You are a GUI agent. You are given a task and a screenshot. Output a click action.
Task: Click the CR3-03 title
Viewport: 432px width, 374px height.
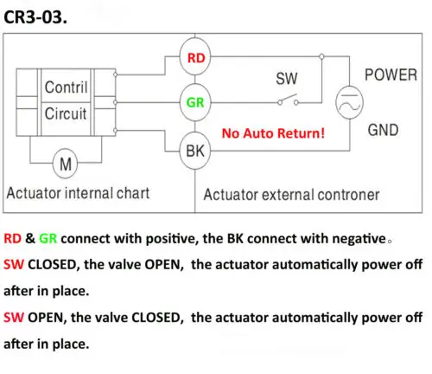tap(35, 17)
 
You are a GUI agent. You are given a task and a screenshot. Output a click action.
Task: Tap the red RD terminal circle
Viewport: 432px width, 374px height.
tap(195, 56)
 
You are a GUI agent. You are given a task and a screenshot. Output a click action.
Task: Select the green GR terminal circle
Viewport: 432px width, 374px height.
tap(195, 102)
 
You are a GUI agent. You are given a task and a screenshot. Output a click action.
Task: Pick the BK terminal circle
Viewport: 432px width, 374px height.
tap(195, 151)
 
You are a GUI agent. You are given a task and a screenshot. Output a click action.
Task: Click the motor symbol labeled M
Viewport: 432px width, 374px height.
tap(66, 164)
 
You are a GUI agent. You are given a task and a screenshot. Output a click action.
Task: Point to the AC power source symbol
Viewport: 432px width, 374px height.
tap(349, 102)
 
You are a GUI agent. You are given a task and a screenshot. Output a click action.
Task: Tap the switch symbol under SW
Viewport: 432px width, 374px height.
tap(288, 100)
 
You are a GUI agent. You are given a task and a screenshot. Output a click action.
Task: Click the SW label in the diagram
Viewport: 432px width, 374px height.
tap(287, 79)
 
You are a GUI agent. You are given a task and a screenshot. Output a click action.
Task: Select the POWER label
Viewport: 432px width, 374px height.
tap(391, 74)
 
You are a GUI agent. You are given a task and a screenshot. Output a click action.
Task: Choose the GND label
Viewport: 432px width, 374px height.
tap(383, 130)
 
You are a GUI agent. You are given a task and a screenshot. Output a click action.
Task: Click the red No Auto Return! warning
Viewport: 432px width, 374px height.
tap(273, 133)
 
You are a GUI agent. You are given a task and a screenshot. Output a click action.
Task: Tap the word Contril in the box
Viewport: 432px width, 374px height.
tap(66, 87)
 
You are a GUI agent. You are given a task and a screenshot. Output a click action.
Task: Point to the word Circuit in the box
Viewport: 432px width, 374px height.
tap(66, 113)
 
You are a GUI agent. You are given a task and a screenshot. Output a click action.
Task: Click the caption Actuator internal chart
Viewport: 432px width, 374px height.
tap(78, 193)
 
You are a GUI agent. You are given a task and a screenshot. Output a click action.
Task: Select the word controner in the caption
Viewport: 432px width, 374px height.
tap(348, 195)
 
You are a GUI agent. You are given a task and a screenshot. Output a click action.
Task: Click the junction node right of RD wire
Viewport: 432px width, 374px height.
tap(321, 56)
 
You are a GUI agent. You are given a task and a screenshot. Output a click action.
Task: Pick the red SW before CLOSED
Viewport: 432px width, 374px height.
tap(14, 265)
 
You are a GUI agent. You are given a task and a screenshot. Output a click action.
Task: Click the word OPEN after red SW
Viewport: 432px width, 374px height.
tap(46, 318)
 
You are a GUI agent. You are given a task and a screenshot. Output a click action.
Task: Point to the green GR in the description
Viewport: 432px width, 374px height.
tap(48, 239)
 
